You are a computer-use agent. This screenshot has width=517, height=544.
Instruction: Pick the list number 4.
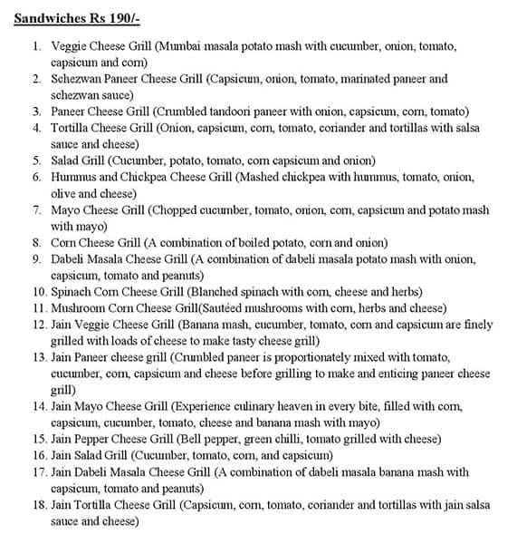pyautogui.click(x=36, y=128)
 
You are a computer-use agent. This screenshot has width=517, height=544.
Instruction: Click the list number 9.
pyautogui.click(x=36, y=258)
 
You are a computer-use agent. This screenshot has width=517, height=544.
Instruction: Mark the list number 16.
pyautogui.click(x=36, y=454)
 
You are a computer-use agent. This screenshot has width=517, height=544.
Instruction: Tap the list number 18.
pyautogui.click(x=36, y=503)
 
